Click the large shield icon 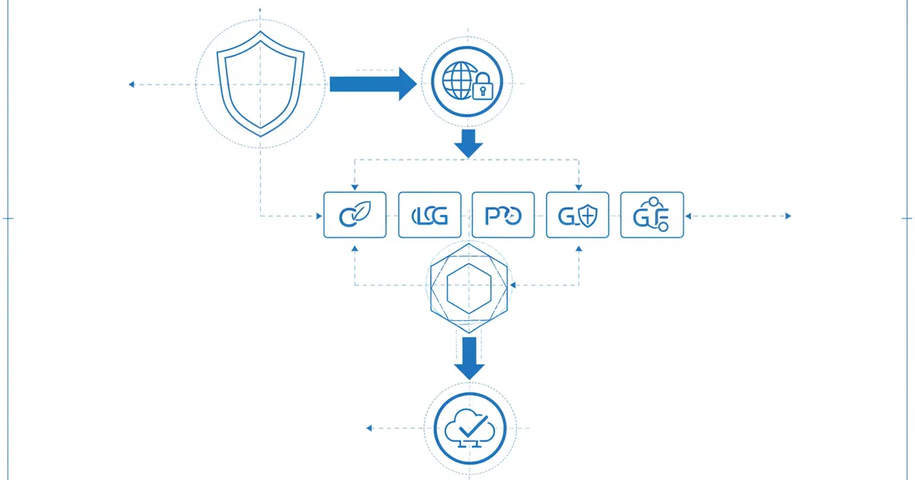262,84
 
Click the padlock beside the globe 482,90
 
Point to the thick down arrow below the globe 468,143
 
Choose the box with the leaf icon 355,216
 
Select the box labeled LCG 429,216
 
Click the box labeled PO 503,216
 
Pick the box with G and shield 578,216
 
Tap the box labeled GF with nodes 652,216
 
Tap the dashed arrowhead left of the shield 132,84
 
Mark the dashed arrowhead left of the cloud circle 369,428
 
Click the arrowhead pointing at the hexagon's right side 515,286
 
